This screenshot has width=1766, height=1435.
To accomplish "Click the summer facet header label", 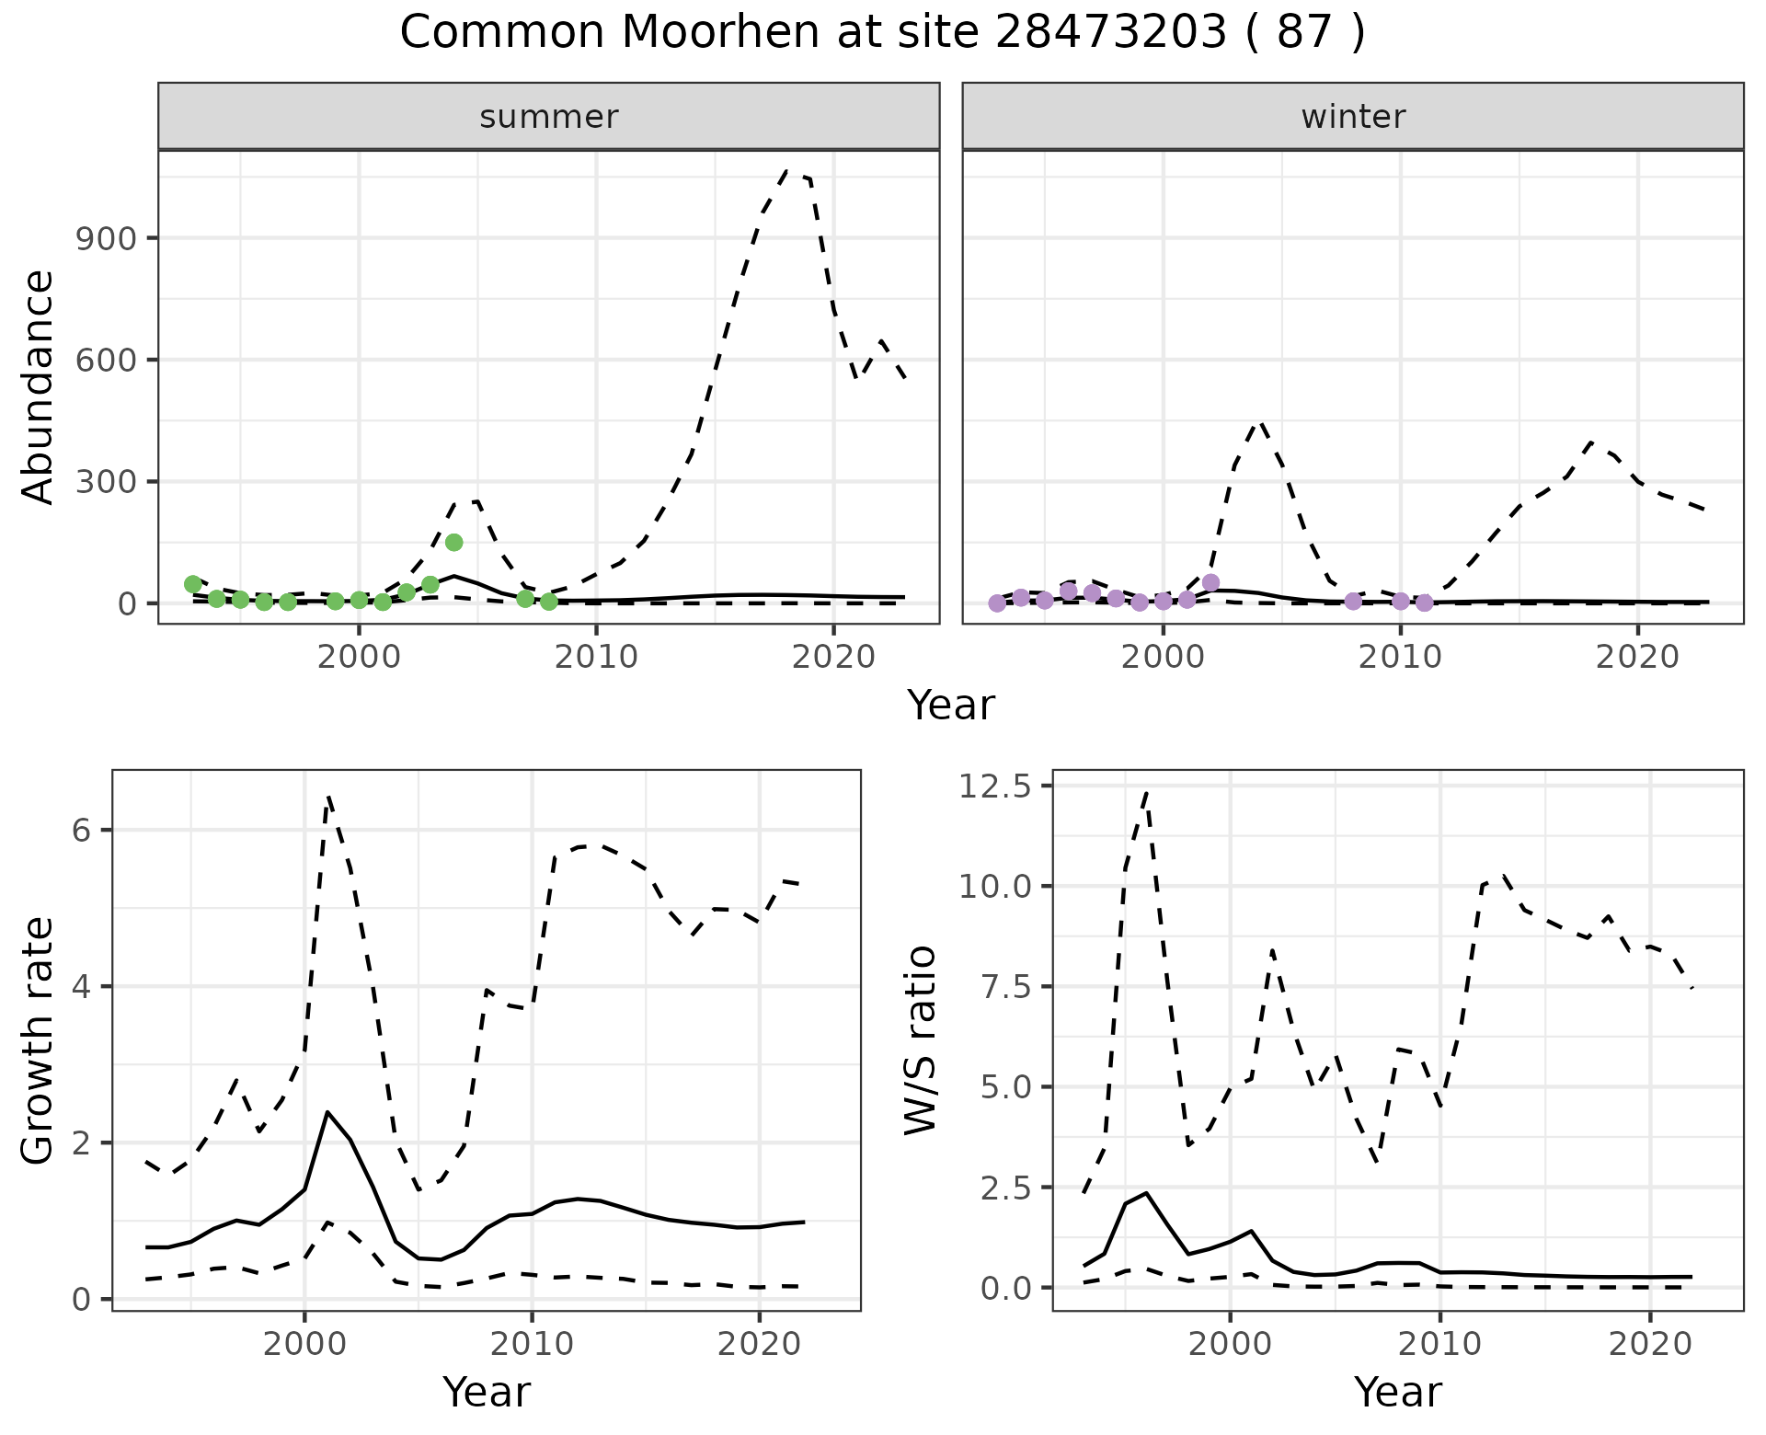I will pyautogui.click(x=548, y=117).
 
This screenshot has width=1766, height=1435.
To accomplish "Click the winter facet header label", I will pyautogui.click(x=1353, y=117).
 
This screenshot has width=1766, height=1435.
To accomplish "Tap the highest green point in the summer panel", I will pyautogui.click(x=453, y=543).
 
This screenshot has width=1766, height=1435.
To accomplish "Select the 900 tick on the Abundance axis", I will pyautogui.click(x=108, y=238).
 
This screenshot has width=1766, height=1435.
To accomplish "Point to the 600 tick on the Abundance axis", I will pyautogui.click(x=108, y=360).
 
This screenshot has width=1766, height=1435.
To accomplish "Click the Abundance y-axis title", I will pyautogui.click(x=38, y=386).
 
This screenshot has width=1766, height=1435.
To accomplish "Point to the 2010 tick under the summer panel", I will pyautogui.click(x=596, y=657).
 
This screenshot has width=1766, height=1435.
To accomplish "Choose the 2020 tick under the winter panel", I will pyautogui.click(x=1637, y=657).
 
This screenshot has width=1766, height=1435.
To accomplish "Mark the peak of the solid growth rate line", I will pyautogui.click(x=327, y=1111).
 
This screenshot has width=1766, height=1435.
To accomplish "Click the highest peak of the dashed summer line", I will pyautogui.click(x=787, y=170).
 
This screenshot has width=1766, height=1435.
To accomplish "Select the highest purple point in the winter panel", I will pyautogui.click(x=1210, y=582).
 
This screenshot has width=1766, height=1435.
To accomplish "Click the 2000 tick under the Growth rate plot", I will pyautogui.click(x=304, y=1344).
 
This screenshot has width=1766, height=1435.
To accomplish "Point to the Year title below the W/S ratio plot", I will pyautogui.click(x=1397, y=1392).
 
